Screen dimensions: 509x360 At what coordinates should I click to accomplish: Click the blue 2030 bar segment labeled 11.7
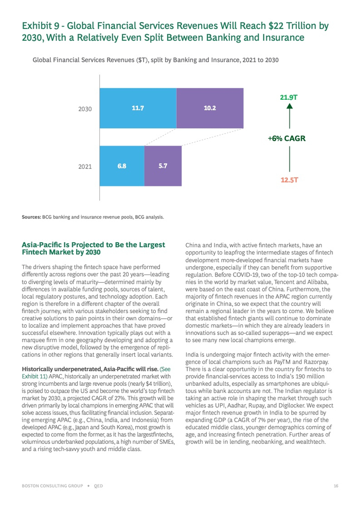(x=138, y=108)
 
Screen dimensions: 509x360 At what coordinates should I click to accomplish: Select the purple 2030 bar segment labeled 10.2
(x=210, y=108)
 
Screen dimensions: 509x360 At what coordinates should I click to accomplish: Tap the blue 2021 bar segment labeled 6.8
(x=122, y=166)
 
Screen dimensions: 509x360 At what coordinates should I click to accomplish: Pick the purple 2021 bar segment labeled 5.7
(x=163, y=166)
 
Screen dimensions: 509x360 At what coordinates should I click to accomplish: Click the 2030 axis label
(x=84, y=110)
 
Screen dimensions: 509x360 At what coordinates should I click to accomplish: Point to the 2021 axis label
(x=84, y=167)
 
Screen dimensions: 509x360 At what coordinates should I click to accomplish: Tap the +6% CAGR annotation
(x=287, y=138)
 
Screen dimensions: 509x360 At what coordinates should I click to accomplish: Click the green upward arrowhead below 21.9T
(x=290, y=106)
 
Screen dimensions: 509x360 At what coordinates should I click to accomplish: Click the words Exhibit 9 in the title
(x=40, y=26)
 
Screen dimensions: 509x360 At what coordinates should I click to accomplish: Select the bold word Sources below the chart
(x=31, y=217)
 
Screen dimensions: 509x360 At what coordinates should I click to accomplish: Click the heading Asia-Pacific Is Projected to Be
(x=93, y=245)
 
